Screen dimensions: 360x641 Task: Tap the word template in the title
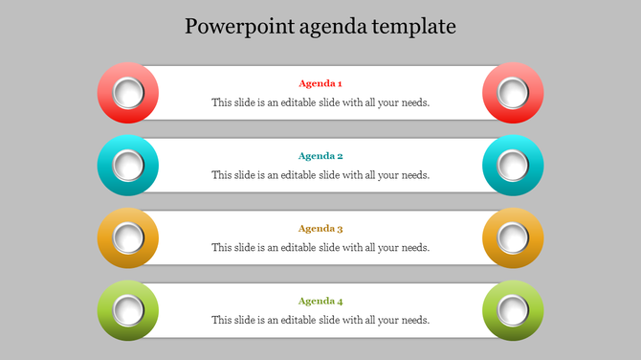coord(412,26)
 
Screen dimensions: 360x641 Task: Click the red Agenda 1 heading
coord(320,83)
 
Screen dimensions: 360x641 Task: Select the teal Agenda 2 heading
coord(320,156)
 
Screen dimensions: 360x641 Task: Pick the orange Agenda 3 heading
coord(320,229)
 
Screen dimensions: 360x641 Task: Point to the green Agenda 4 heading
coord(320,301)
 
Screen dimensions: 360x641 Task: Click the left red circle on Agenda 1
coord(128,93)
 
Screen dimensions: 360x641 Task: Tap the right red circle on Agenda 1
coord(514,93)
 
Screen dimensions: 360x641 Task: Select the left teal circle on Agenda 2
coord(128,166)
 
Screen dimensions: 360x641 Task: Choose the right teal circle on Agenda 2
coord(514,166)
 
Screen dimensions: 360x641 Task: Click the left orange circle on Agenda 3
coord(128,238)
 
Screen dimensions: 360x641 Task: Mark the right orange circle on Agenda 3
coord(514,238)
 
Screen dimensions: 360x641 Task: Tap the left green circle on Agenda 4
coord(128,310)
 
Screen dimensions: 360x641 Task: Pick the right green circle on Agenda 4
coord(514,310)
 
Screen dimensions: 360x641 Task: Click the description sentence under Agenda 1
coord(320,102)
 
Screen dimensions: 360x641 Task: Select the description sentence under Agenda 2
coord(320,175)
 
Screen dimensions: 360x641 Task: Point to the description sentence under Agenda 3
coord(320,248)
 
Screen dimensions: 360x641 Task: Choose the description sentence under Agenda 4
coord(320,320)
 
